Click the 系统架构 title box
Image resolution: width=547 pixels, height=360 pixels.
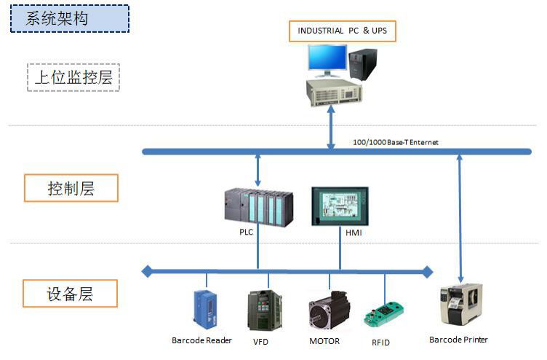click(x=69, y=18)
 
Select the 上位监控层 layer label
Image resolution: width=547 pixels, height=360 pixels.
click(x=73, y=77)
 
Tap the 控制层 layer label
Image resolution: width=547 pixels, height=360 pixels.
click(x=71, y=188)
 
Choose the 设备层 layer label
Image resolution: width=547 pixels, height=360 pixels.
click(x=71, y=294)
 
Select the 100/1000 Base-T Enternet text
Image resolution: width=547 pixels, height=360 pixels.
click(x=395, y=142)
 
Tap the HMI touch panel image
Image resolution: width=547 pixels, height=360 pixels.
click(x=339, y=206)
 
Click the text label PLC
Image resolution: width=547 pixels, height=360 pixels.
click(x=247, y=232)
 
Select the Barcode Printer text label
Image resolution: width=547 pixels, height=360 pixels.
click(x=458, y=340)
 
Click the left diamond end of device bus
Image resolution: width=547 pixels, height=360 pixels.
click(x=147, y=272)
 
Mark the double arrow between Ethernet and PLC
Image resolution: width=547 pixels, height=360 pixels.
click(x=257, y=168)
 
